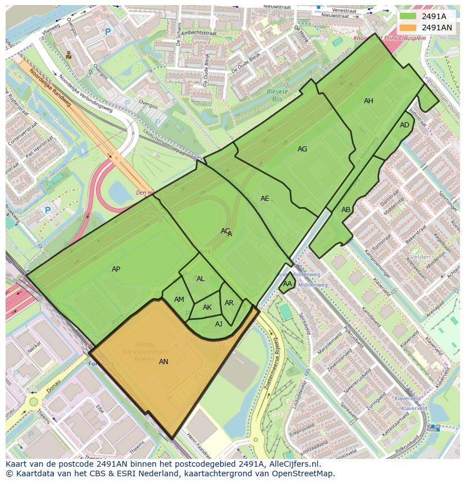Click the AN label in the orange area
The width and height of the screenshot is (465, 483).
(163, 362)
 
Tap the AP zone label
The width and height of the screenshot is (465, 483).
(116, 269)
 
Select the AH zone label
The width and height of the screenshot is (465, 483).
(368, 101)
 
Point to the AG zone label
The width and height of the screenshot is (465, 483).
(302, 149)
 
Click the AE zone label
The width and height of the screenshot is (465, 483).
(265, 199)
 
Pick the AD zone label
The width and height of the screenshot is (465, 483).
(404, 125)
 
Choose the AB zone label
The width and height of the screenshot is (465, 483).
(346, 210)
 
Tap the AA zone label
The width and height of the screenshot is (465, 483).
(288, 284)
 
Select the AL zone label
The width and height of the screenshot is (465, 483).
(200, 279)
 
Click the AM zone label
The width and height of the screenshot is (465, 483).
(179, 300)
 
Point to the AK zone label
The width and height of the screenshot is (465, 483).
(207, 307)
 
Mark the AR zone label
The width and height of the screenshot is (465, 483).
(229, 303)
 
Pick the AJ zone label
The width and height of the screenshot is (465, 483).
(218, 324)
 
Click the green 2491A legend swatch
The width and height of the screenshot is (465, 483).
(408, 16)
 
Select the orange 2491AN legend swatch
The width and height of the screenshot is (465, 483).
(408, 27)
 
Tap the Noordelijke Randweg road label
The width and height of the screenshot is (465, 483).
(50, 88)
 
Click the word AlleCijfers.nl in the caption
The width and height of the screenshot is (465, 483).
(291, 464)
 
